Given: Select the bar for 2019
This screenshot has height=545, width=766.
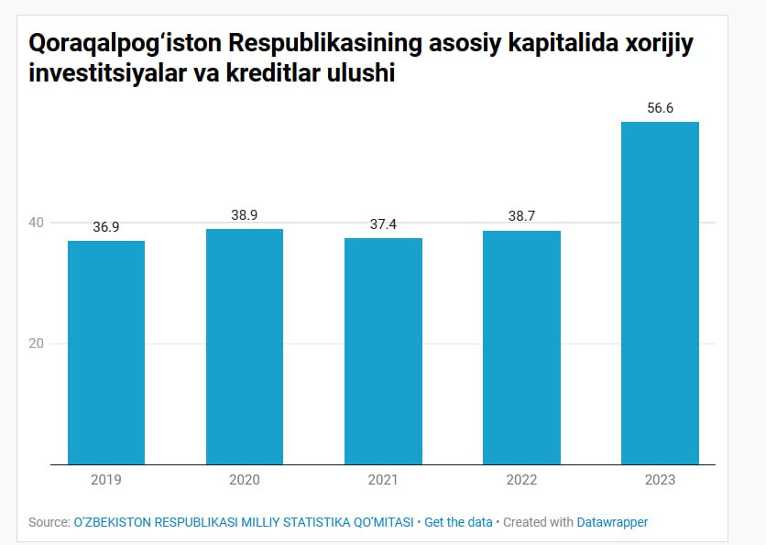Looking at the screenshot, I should [106, 353].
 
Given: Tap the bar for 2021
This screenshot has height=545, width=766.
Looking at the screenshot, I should [383, 351].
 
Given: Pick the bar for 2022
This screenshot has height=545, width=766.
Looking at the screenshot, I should [521, 347].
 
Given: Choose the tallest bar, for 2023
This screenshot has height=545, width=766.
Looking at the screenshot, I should [660, 293].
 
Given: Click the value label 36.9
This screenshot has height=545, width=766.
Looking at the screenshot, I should [106, 227].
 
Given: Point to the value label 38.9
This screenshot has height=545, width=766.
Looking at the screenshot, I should [245, 215].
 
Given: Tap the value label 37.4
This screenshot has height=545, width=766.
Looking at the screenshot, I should [383, 224].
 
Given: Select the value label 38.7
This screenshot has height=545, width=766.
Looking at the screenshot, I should [521, 217].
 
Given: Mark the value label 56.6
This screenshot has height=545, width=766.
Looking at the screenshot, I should [660, 108].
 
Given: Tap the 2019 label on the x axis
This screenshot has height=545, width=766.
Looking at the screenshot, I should [106, 480].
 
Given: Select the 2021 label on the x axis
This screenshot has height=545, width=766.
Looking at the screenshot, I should [383, 480].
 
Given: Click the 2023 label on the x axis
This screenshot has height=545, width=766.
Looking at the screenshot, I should [660, 480].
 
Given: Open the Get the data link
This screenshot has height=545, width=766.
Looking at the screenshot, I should [458, 522].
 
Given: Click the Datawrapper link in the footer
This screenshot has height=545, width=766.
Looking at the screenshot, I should [612, 522].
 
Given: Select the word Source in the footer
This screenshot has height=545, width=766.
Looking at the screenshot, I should [48, 522].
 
